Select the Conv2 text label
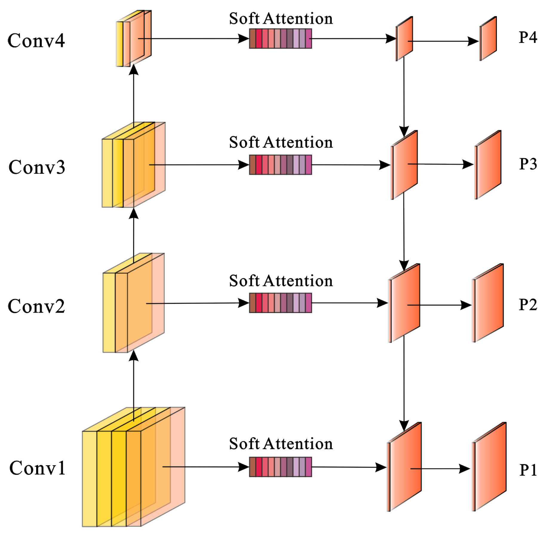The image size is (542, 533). coord(36,306)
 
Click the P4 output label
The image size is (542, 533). coord(527,38)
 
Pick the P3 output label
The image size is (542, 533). coord(527,164)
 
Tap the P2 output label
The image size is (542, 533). coord(527,305)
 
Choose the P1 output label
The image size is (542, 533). coord(527,470)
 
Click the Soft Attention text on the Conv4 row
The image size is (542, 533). coord(281,19)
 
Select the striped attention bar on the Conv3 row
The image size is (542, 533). coord(280,165)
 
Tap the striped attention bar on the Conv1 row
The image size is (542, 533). coord(280,467)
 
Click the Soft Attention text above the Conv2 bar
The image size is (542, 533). coord(281,281)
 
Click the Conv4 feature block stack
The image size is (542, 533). coord(134,39)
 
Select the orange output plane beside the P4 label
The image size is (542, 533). coord(488,39)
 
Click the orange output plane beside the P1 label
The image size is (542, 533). coord(489,467)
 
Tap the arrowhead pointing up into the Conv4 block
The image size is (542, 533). coord(133,69)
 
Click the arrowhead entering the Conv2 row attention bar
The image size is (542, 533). coord(244,303)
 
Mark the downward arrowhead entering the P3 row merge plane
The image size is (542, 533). coord(404,131)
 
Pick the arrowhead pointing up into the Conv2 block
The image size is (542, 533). coord(133,356)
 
